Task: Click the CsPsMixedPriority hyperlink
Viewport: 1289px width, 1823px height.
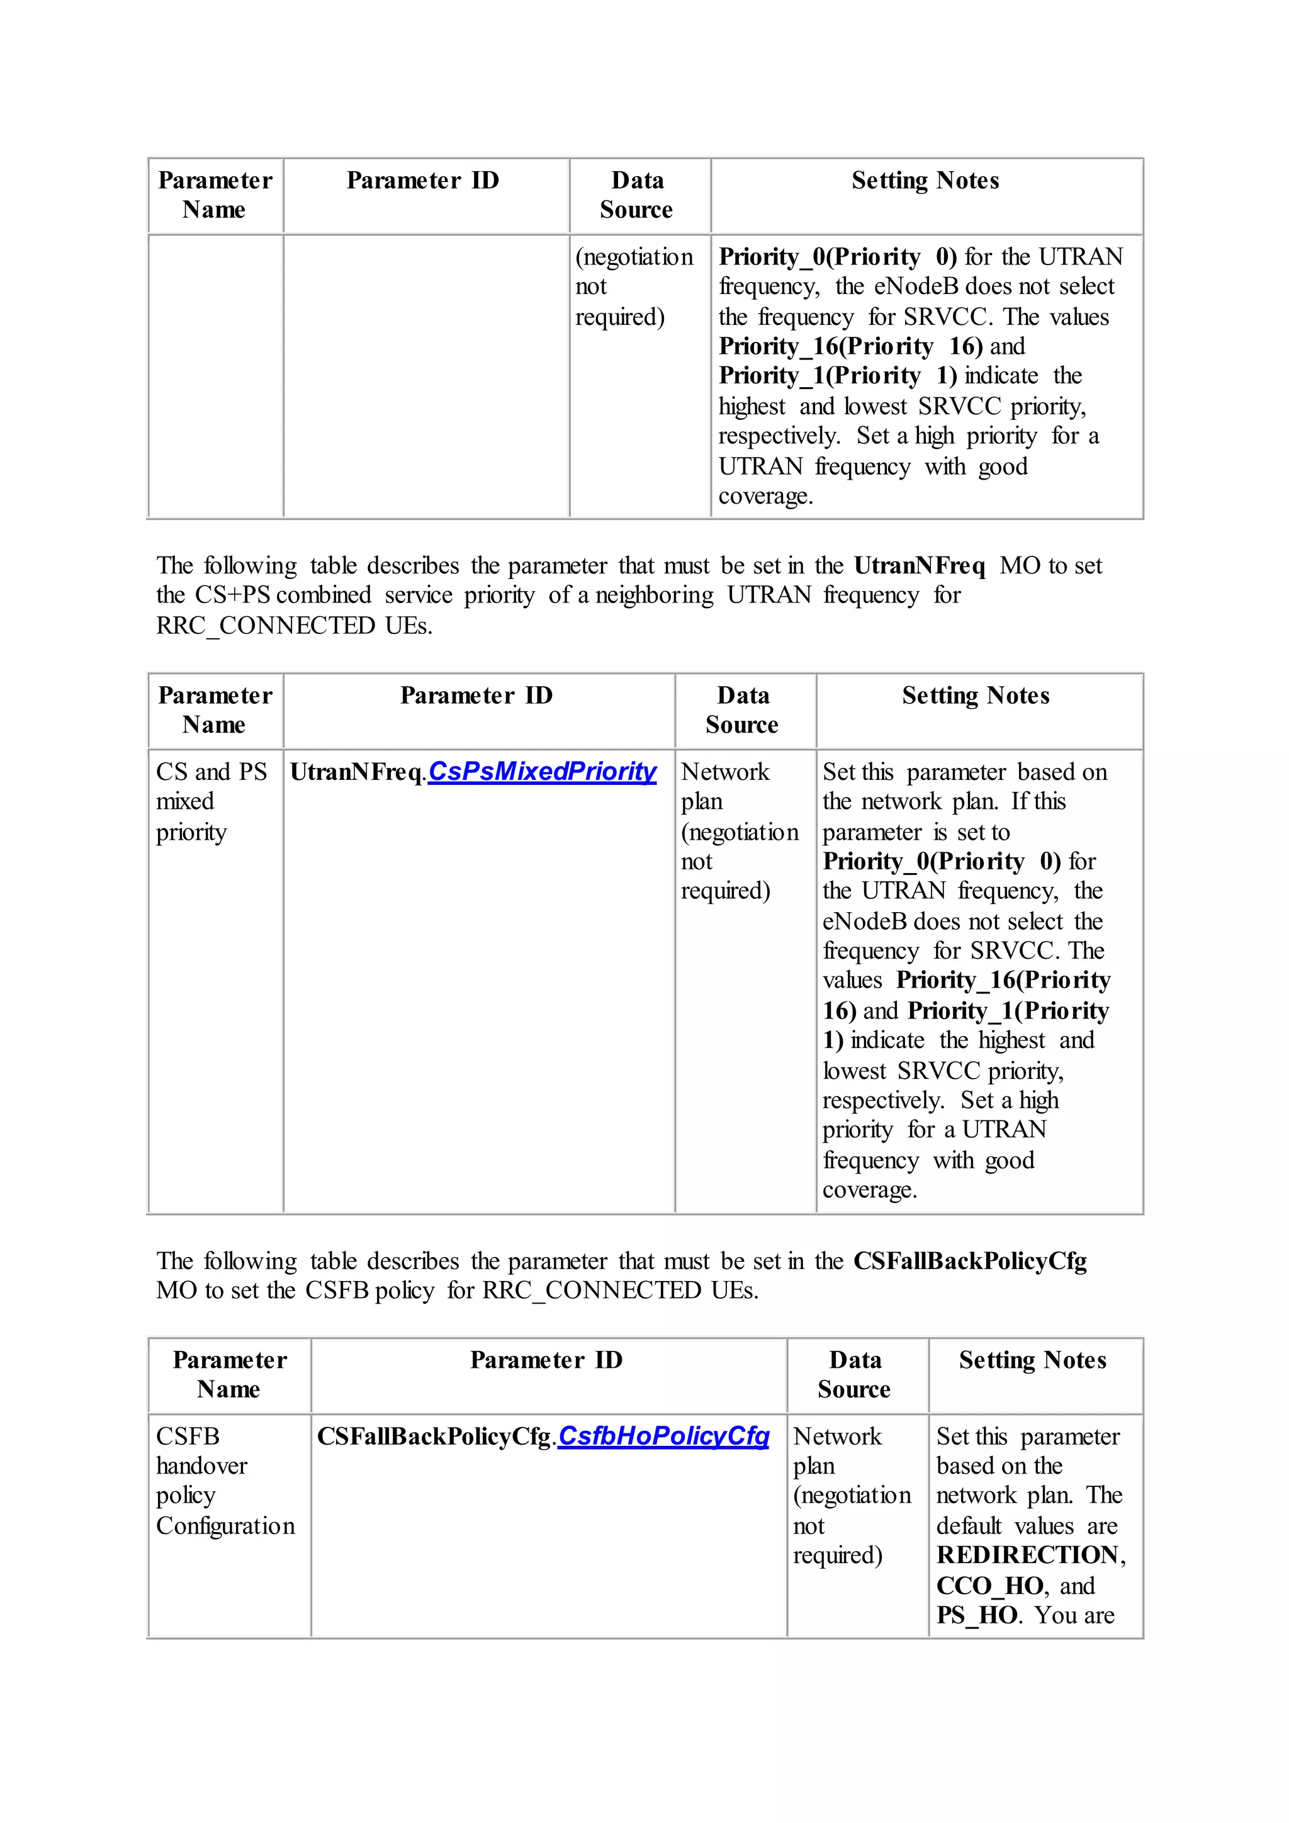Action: pyautogui.click(x=542, y=772)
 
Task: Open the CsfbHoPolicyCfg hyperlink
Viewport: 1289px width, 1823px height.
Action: pyautogui.click(x=663, y=1436)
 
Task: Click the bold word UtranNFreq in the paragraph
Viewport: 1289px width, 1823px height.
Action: pyautogui.click(x=919, y=566)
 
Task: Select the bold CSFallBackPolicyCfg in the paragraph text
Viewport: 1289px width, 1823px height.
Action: pyautogui.click(x=969, y=1261)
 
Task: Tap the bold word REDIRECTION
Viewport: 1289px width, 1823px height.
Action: pyautogui.click(x=1027, y=1555)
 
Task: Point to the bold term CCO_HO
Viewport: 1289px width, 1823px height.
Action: pyautogui.click(x=989, y=1586)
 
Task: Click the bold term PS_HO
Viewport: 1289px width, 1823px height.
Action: pyautogui.click(x=976, y=1615)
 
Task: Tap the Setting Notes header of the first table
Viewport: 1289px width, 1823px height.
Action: pyautogui.click(x=925, y=181)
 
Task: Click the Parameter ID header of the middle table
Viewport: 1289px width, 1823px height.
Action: pyautogui.click(x=476, y=696)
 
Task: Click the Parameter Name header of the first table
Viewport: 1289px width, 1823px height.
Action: pyautogui.click(x=214, y=195)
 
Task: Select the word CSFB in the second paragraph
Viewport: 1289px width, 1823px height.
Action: pyautogui.click(x=337, y=1291)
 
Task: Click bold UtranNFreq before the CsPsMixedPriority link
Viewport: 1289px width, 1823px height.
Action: pyautogui.click(x=356, y=772)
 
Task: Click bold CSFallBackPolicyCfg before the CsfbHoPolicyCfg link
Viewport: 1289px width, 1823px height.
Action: pyautogui.click(x=434, y=1436)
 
